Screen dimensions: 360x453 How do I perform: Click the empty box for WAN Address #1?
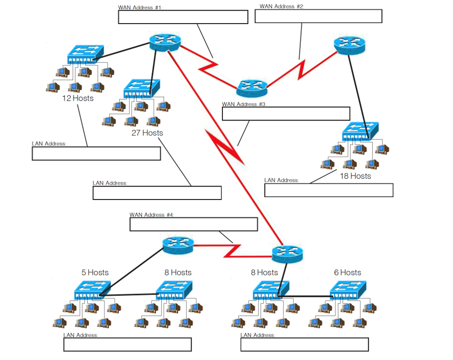pyautogui.click(x=183, y=16)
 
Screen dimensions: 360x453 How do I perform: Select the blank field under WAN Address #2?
pyautogui.click(x=318, y=16)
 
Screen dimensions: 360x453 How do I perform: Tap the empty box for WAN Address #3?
pyautogui.click(x=285, y=114)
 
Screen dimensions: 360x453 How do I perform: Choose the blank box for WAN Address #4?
pyautogui.click(x=194, y=224)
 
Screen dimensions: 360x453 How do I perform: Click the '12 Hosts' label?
pyautogui.click(x=78, y=98)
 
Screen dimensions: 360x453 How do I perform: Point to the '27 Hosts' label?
pyautogui.click(x=147, y=133)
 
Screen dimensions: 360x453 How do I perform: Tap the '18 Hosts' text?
pyautogui.click(x=355, y=176)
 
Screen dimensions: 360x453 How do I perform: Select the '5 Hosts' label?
pyautogui.click(x=95, y=272)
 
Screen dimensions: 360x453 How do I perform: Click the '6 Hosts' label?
pyautogui.click(x=347, y=272)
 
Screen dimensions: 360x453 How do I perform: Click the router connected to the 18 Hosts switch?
pyautogui.click(x=349, y=44)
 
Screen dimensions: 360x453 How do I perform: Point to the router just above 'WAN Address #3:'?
pyautogui.click(x=252, y=88)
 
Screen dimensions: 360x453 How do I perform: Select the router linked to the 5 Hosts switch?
pyautogui.click(x=178, y=245)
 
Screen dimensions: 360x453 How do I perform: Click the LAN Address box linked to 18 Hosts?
pyautogui.click(x=329, y=190)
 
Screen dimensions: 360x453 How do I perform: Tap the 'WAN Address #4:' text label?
pyautogui.click(x=151, y=214)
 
